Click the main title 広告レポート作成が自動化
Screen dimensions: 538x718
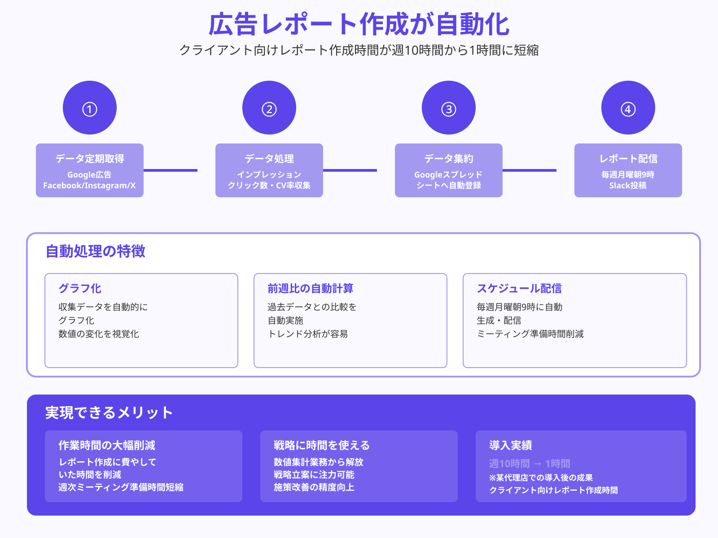[x=359, y=24]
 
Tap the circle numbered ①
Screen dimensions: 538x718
[x=90, y=108]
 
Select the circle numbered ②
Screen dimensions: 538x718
[x=269, y=108]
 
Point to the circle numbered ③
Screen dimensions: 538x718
[x=449, y=108]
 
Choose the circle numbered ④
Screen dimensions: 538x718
[x=628, y=108]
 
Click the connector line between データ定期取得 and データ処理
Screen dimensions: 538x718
[x=171, y=170]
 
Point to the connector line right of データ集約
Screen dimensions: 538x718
[x=530, y=170]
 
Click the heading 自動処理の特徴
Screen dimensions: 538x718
[x=96, y=252]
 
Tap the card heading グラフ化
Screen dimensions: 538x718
[x=80, y=288]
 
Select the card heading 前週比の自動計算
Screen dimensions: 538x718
[x=311, y=288]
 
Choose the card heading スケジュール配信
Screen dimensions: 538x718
[x=519, y=288]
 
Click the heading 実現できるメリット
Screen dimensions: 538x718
[x=109, y=412]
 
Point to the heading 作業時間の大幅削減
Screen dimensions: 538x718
[x=107, y=445]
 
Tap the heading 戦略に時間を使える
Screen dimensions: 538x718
[x=322, y=445]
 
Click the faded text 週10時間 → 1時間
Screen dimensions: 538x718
[x=530, y=464]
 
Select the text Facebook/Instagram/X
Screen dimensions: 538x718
[x=89, y=186]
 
